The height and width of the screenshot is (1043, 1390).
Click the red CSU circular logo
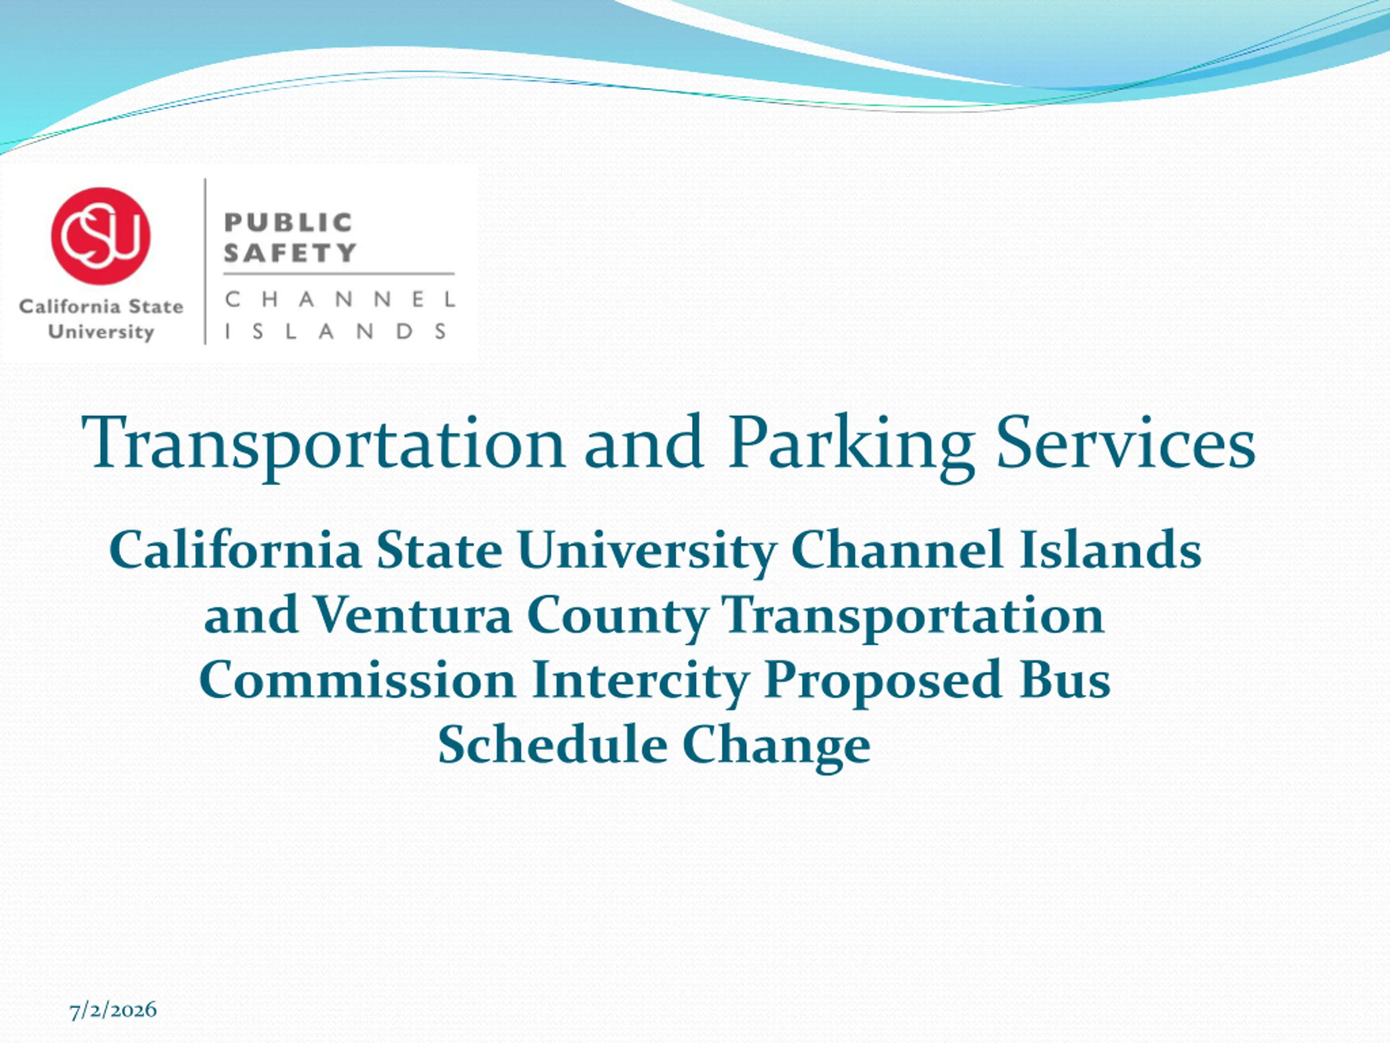point(101,236)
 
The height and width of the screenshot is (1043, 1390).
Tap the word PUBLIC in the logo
point(288,222)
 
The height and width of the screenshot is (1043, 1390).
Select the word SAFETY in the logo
point(290,253)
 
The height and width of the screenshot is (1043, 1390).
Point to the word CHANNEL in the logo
point(340,299)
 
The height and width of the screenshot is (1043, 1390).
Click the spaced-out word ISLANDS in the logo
point(336,331)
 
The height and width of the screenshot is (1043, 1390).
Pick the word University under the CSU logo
point(101,332)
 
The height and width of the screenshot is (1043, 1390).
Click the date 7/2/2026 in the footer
point(113,1010)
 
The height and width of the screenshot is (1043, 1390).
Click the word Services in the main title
point(1126,443)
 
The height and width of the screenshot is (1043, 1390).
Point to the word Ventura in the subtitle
point(412,615)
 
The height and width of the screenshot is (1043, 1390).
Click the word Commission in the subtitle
point(358,680)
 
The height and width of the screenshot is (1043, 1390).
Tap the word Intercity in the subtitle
point(640,683)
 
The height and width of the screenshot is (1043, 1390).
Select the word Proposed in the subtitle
point(883,683)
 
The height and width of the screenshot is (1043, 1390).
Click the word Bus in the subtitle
point(1065,680)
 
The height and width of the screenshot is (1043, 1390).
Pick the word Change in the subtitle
point(776,748)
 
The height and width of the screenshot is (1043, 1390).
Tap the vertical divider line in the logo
point(205,261)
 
